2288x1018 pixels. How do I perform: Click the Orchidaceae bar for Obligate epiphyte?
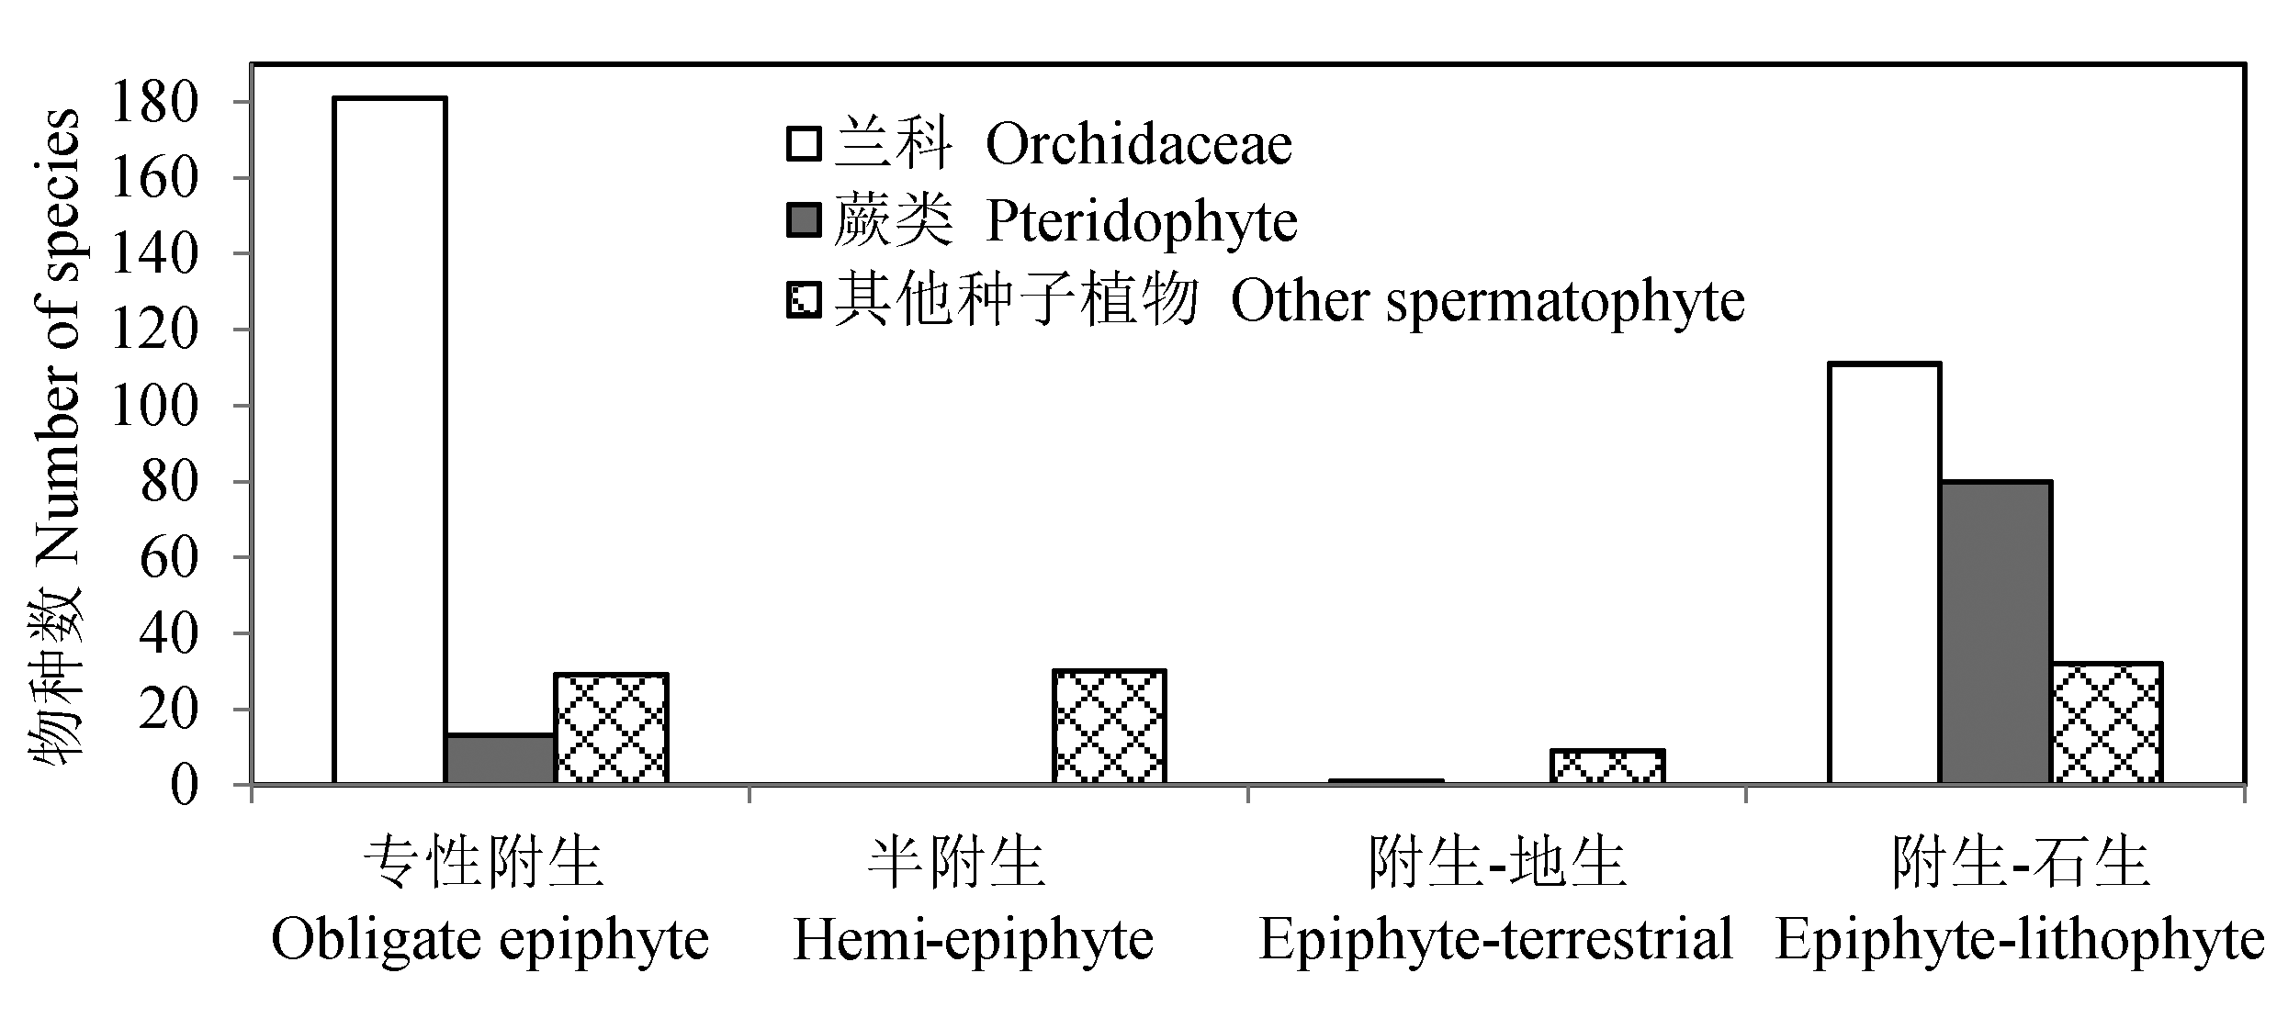click(390, 441)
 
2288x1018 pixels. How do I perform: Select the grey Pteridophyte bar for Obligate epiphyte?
click(501, 759)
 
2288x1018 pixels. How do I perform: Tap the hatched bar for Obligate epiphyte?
click(612, 729)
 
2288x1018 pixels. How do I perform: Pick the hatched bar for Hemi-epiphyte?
click(1110, 727)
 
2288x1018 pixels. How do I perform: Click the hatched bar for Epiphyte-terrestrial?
click(1608, 767)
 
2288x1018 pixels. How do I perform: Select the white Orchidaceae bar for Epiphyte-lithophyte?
click(1885, 574)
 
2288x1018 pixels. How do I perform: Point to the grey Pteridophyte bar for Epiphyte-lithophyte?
click(1996, 633)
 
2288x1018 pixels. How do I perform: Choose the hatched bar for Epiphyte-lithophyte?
click(2107, 723)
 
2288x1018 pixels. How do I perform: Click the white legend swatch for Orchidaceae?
click(804, 145)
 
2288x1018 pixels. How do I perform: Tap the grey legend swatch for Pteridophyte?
click(804, 221)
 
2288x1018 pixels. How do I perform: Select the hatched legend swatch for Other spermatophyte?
click(804, 300)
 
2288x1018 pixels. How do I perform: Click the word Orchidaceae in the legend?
click(1139, 145)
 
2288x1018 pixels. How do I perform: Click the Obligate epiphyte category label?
click(490, 939)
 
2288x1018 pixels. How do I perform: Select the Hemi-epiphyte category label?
click(973, 939)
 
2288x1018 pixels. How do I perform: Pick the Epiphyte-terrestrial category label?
click(1495, 939)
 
